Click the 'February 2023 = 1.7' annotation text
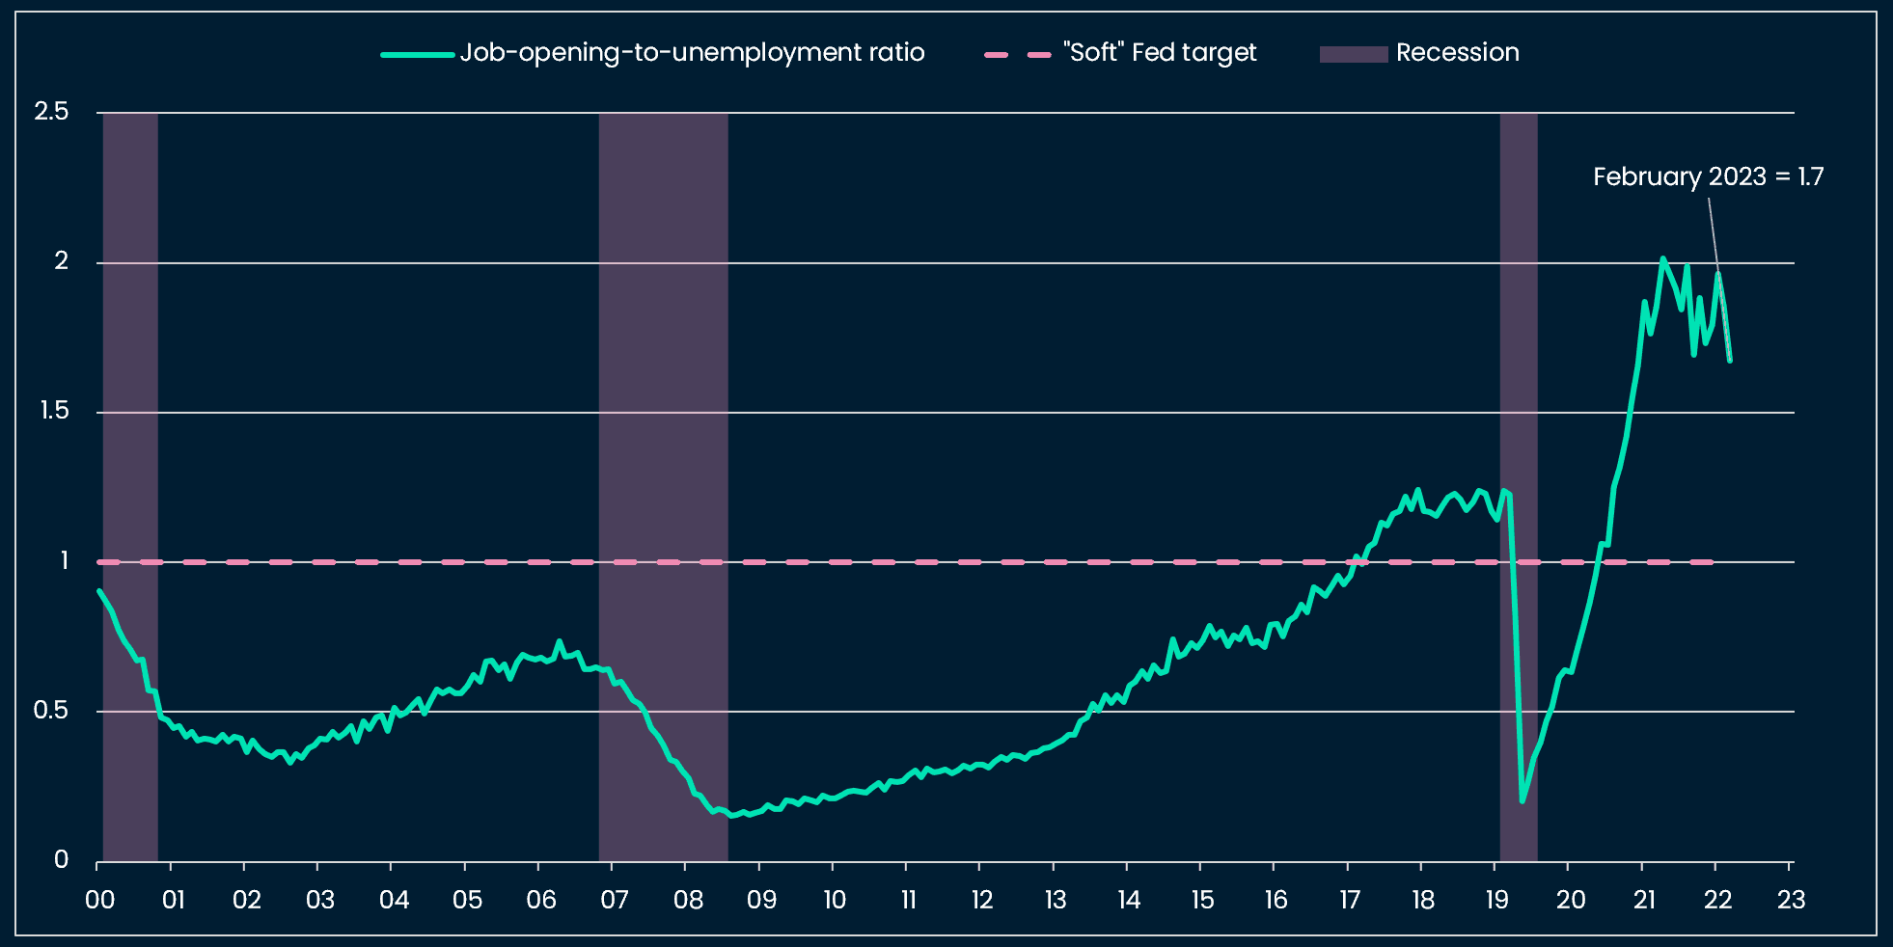pos(1707,176)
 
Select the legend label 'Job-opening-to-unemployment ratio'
pos(692,53)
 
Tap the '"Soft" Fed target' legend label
pos(1160,53)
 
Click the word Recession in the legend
pos(1457,53)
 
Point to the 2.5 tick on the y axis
pos(52,112)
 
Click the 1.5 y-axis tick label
pos(54,411)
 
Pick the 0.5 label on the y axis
pos(52,711)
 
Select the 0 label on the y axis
pos(61,859)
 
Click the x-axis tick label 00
pos(99,900)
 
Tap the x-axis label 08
pos(688,900)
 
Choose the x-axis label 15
pos(1202,900)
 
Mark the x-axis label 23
pos(1791,900)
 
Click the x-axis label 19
pos(1496,900)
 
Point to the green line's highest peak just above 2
pos(1662,258)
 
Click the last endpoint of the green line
pos(1730,361)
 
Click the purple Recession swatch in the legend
pos(1353,54)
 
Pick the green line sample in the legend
pos(417,54)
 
